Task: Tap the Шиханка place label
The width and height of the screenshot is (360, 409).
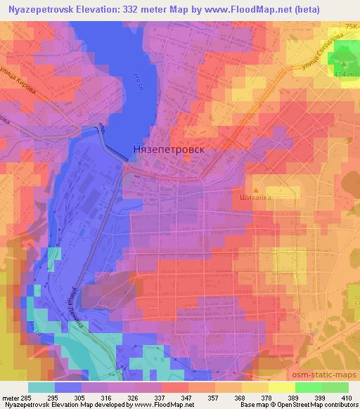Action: point(256,197)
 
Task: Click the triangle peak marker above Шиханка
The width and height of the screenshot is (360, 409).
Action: point(257,189)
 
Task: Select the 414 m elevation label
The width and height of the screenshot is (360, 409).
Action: point(346,73)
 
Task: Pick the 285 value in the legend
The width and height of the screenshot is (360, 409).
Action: point(26,397)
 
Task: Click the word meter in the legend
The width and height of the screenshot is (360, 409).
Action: point(10,397)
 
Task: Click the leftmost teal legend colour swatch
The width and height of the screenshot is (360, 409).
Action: point(41,387)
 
